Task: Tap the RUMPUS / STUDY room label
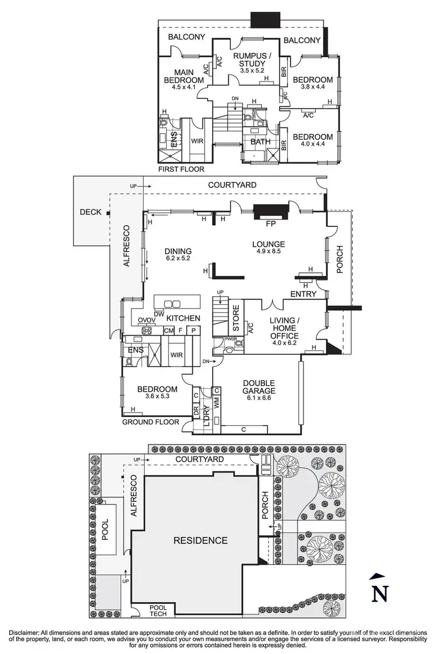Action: coord(252,60)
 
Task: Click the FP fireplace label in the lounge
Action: coord(270,223)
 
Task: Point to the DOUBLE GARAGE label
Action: coord(260,387)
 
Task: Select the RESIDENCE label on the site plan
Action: coord(201,541)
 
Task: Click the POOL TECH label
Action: coord(158,610)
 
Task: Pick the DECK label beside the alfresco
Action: coord(92,212)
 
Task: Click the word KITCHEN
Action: coord(183,318)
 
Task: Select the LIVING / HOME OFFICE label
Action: coord(284,328)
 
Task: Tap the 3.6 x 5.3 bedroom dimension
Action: coord(156,397)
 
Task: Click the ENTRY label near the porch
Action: coord(303,294)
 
